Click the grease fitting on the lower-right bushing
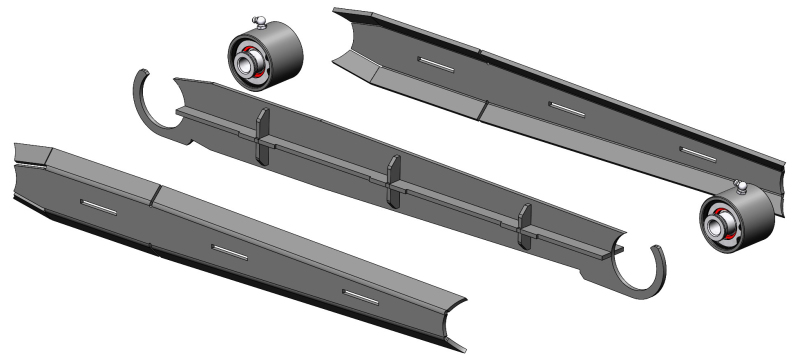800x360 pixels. [740, 185]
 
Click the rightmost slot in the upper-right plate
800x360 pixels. [697, 151]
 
